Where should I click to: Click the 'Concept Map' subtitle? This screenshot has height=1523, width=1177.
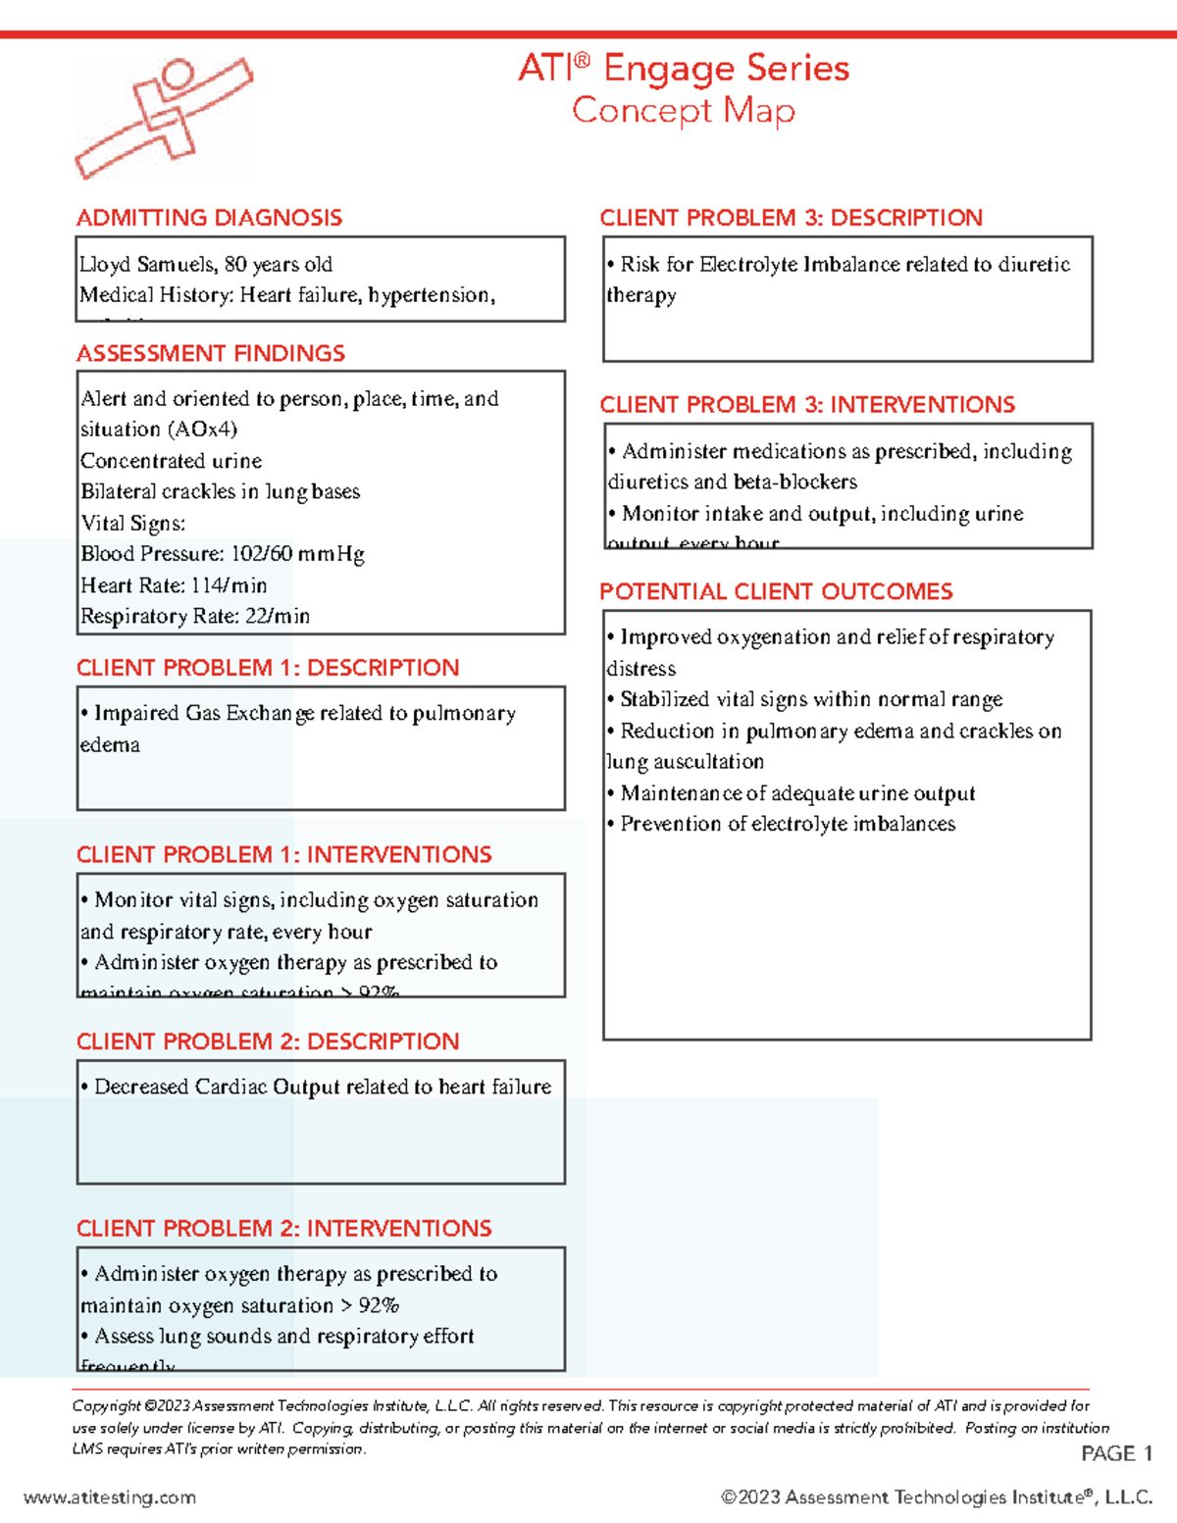[x=683, y=111]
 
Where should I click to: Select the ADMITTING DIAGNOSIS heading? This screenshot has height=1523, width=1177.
[x=209, y=218]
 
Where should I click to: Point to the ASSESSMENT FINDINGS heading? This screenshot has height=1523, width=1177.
[x=211, y=353]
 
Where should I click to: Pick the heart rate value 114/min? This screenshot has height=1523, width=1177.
[x=229, y=585]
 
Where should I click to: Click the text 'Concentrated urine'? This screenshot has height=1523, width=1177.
[x=171, y=461]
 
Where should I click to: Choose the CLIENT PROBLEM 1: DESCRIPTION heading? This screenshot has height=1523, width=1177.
[x=268, y=668]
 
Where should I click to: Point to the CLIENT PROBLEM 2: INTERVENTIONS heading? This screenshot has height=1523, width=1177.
[x=284, y=1229]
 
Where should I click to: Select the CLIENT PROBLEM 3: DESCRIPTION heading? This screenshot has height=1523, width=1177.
[x=791, y=218]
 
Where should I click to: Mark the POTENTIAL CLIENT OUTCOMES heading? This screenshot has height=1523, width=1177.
[x=776, y=591]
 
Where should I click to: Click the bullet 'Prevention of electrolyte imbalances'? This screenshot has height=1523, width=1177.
[x=787, y=824]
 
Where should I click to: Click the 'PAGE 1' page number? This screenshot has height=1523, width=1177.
[x=1116, y=1453]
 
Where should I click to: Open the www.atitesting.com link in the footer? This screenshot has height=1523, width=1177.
[x=110, y=1498]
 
